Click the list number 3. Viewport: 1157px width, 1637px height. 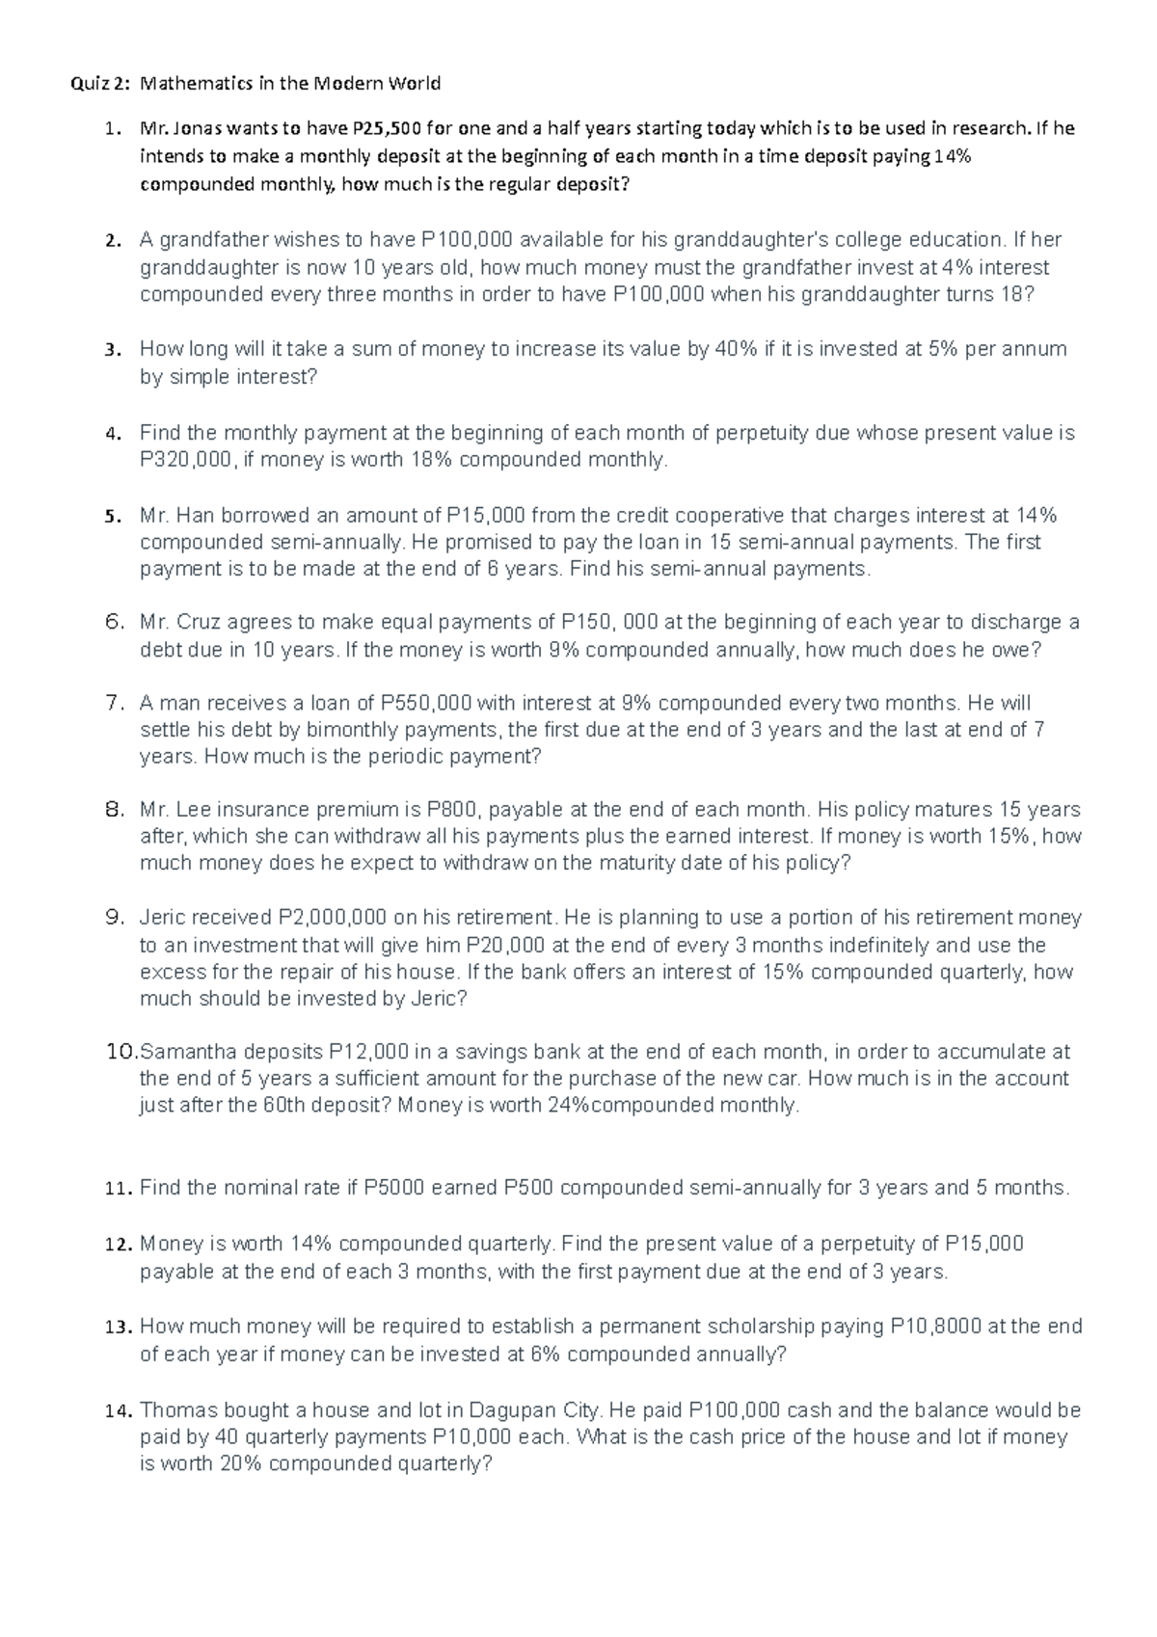[x=112, y=350]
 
